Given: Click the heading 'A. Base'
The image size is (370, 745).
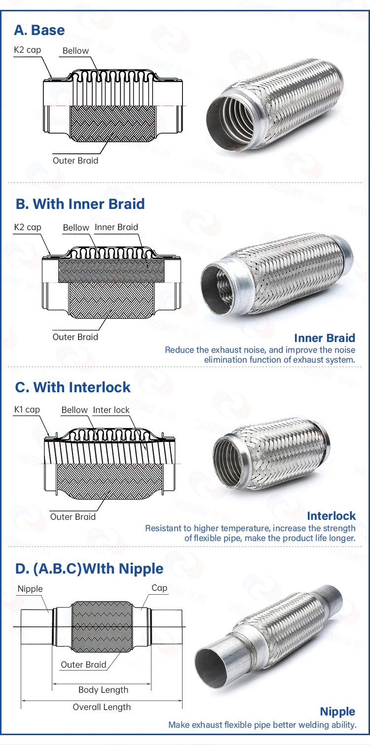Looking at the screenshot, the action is point(39,30).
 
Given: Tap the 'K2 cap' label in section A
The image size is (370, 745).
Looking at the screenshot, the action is point(28,50).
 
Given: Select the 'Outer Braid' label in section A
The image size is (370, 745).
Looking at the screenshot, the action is point(75,161).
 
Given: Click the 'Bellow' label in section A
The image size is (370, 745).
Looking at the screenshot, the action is point(76,51).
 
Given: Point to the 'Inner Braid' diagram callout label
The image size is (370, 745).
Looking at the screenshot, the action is point(116,227).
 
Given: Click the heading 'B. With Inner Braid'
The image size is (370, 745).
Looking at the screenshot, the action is point(80,204).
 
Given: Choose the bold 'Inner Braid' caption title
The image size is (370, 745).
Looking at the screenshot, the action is point(325,338).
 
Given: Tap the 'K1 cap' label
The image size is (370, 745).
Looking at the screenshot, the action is point(27,409).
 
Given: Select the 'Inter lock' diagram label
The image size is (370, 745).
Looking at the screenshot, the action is point(111,410).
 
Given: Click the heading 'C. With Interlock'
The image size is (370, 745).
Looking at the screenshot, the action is point(73,387).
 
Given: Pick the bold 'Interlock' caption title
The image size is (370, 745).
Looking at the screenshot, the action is point(331,516).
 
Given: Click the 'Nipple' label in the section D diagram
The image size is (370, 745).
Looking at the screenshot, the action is point(30,589).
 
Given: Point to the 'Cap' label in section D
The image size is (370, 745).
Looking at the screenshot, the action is point(159,588).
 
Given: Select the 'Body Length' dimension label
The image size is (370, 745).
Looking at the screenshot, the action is point(103,690).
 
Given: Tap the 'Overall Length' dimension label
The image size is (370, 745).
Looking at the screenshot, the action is point(102,707).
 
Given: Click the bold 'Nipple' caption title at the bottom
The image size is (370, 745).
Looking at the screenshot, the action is point(337,711).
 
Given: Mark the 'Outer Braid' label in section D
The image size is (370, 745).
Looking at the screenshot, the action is point(83,665).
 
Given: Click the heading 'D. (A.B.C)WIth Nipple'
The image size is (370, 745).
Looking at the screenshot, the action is point(89,569).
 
